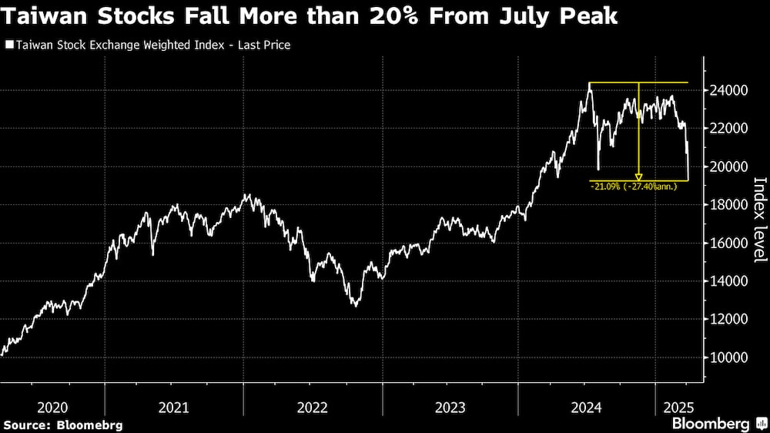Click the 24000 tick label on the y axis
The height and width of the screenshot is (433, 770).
coord(729,90)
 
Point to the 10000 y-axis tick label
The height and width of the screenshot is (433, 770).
coord(729,357)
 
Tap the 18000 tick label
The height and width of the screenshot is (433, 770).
coord(729,205)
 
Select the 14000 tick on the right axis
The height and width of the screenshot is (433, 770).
coord(729,281)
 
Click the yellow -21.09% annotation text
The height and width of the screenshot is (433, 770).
coord(633,186)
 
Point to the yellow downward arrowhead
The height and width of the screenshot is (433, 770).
coord(638,178)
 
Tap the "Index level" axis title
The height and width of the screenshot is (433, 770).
coord(759,220)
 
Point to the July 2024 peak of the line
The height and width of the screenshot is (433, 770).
coord(590,84)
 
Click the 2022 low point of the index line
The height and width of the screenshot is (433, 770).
coord(355,305)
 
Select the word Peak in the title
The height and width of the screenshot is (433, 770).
coord(591,16)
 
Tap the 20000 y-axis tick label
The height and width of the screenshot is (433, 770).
coord(729,166)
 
